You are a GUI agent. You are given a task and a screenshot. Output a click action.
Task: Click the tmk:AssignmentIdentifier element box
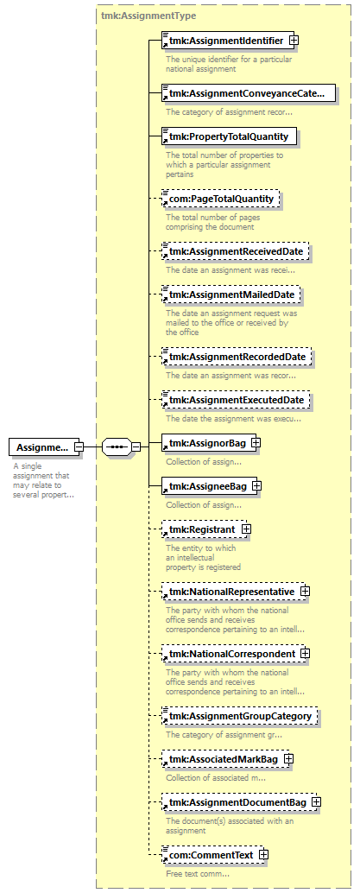[x=228, y=41]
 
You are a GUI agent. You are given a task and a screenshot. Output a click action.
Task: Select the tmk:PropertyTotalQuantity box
[x=229, y=136]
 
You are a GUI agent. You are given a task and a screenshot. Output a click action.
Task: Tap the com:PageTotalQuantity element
[x=221, y=199]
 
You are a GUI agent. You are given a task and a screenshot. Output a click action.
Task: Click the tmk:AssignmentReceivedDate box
[x=236, y=251]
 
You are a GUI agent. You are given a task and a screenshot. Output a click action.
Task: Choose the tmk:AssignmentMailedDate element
[x=231, y=294]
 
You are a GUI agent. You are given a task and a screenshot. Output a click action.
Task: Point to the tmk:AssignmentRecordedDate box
[x=237, y=357]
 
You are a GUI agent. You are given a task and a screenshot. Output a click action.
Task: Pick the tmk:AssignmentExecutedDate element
[x=236, y=401]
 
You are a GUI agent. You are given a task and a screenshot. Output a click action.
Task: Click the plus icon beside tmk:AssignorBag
[x=256, y=441]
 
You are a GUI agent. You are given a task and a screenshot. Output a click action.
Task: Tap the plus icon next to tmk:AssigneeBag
[x=256, y=486]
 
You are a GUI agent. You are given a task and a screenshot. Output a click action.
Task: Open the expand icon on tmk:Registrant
[x=246, y=529]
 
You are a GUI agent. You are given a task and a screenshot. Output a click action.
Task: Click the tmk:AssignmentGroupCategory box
[x=239, y=716]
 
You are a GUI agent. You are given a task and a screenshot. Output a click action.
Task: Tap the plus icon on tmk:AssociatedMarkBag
[x=289, y=759]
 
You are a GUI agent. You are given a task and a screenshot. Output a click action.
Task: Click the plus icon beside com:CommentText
[x=263, y=855]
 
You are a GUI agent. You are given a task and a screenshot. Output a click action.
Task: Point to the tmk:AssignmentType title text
[x=148, y=16]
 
